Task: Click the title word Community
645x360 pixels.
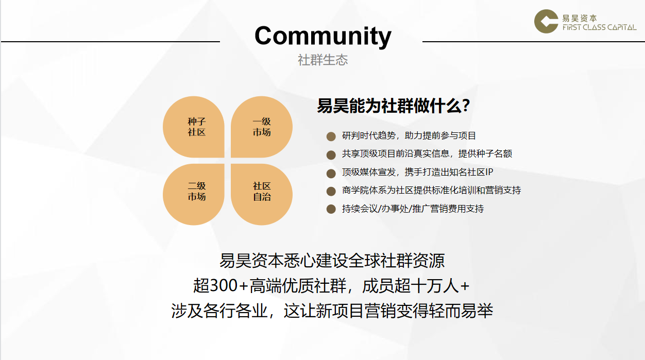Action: pyautogui.click(x=323, y=36)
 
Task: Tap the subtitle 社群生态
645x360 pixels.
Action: pyautogui.click(x=323, y=60)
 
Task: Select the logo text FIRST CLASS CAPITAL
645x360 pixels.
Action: pyautogui.click(x=600, y=27)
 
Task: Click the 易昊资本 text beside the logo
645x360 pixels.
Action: pyautogui.click(x=580, y=18)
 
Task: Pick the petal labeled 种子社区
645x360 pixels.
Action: pyautogui.click(x=194, y=127)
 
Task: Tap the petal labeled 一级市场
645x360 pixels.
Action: pyautogui.click(x=262, y=127)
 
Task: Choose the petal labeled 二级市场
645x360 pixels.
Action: pyautogui.click(x=194, y=194)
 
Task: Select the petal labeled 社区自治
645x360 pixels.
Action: pyautogui.click(x=262, y=194)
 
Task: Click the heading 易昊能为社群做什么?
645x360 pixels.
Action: pyautogui.click(x=393, y=106)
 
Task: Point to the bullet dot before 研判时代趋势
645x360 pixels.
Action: pyautogui.click(x=331, y=136)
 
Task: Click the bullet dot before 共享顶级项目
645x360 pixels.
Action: pyautogui.click(x=331, y=155)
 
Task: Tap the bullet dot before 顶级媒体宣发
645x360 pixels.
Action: pyautogui.click(x=331, y=173)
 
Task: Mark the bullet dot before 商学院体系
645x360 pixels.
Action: pyautogui.click(x=331, y=191)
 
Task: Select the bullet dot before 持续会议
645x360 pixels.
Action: pyautogui.click(x=331, y=209)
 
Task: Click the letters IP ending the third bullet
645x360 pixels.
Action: pyautogui.click(x=489, y=172)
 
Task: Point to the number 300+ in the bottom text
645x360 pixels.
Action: pyautogui.click(x=228, y=286)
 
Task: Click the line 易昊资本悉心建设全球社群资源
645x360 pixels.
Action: pyautogui.click(x=332, y=261)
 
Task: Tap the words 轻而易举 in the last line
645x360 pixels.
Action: pyautogui.click(x=461, y=311)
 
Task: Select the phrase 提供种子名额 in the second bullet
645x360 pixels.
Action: pyautogui.click(x=485, y=153)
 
